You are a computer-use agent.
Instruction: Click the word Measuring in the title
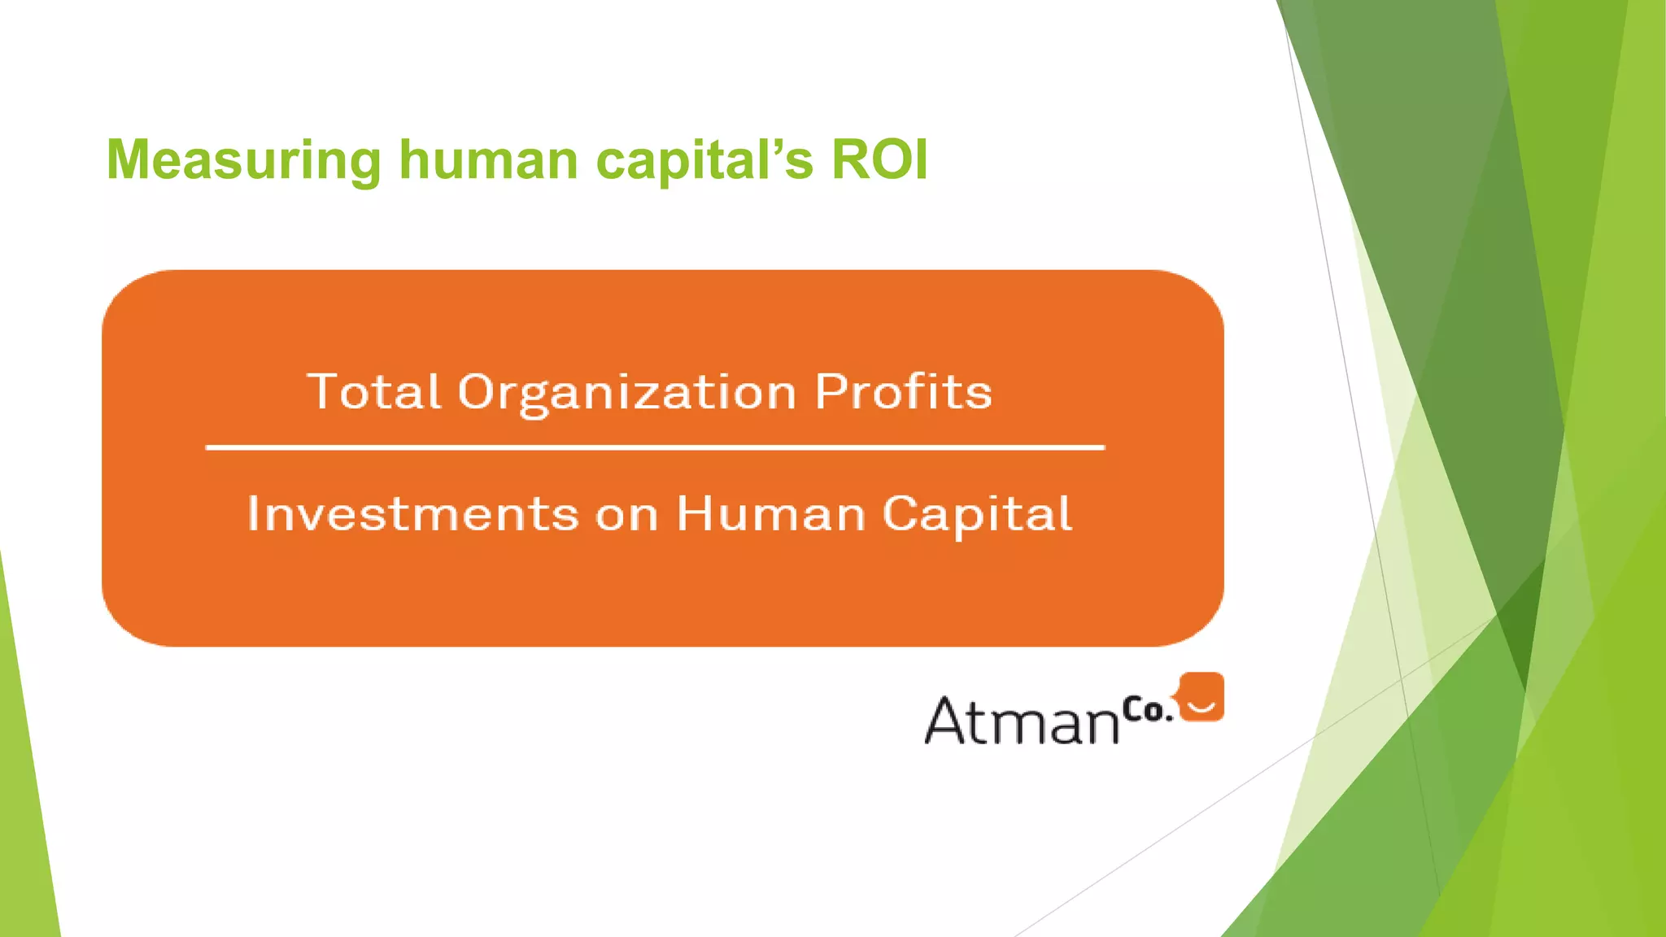pyautogui.click(x=243, y=160)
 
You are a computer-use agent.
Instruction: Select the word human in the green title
pyautogui.click(x=488, y=159)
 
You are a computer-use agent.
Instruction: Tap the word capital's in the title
pyautogui.click(x=704, y=160)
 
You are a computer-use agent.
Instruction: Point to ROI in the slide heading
pyautogui.click(x=879, y=159)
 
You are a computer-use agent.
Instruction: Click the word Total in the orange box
pyautogui.click(x=374, y=392)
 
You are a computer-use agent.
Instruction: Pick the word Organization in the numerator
pyautogui.click(x=626, y=394)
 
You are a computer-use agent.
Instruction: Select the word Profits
pyautogui.click(x=903, y=392)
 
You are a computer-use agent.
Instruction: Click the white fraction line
pyautogui.click(x=655, y=447)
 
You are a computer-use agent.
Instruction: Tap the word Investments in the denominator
pyautogui.click(x=412, y=514)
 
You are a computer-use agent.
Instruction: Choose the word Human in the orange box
pyautogui.click(x=771, y=514)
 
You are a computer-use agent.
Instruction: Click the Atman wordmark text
pyautogui.click(x=1022, y=721)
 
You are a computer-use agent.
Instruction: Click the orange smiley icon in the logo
pyautogui.click(x=1202, y=697)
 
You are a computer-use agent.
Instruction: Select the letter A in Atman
pyautogui.click(x=946, y=720)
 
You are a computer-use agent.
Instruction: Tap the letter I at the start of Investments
pyautogui.click(x=253, y=514)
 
